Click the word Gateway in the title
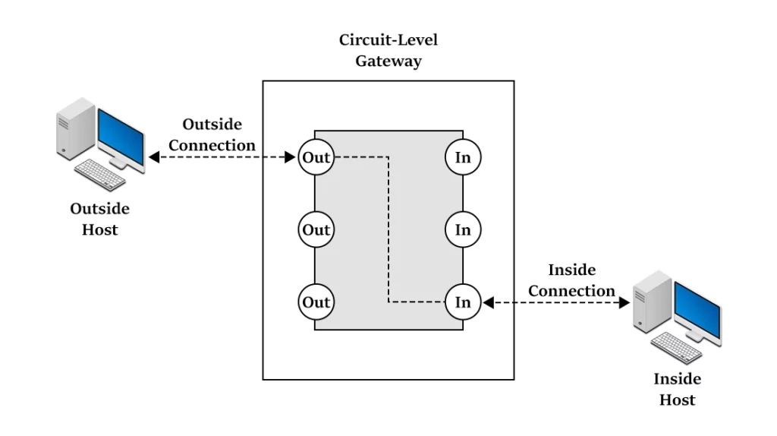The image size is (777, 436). tap(388, 61)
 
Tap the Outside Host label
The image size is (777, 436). tap(99, 219)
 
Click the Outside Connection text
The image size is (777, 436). tap(212, 134)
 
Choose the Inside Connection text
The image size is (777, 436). tap(571, 280)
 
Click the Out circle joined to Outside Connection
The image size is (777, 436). tap(315, 157)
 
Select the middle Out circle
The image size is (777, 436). tap(315, 229)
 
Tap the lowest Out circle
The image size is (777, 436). tap(315, 302)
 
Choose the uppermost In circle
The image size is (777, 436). tap(463, 157)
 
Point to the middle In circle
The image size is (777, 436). tap(463, 229)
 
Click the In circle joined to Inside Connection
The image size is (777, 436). tap(463, 302)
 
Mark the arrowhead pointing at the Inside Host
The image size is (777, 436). tap(625, 302)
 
